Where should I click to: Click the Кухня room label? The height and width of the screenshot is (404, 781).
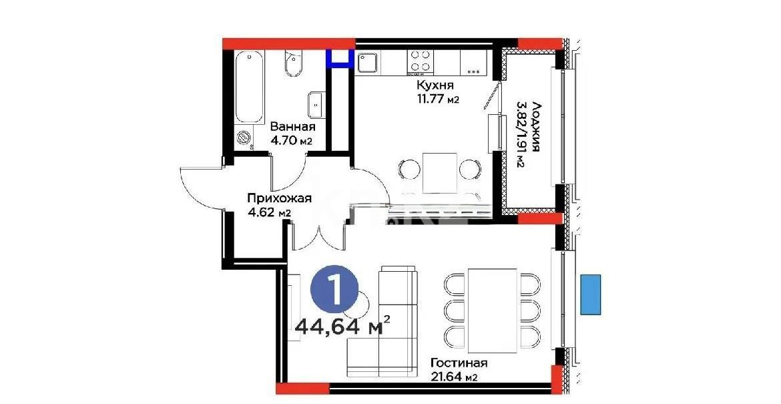(435, 85)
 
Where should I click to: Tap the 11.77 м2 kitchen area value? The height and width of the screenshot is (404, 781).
(437, 99)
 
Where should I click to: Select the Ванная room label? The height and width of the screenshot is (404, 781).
(292, 126)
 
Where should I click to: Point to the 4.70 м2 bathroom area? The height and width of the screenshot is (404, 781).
(292, 140)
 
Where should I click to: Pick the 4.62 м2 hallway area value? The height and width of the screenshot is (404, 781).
(270, 212)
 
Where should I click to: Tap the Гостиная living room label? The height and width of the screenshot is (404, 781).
(459, 363)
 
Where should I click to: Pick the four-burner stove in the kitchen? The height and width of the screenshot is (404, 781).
(419, 61)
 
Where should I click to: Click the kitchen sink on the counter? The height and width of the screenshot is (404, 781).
(368, 62)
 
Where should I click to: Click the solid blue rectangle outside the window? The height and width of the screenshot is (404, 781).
(590, 294)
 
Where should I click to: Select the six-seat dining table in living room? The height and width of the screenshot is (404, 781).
(492, 310)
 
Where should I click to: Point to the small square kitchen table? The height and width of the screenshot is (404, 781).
(440, 170)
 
